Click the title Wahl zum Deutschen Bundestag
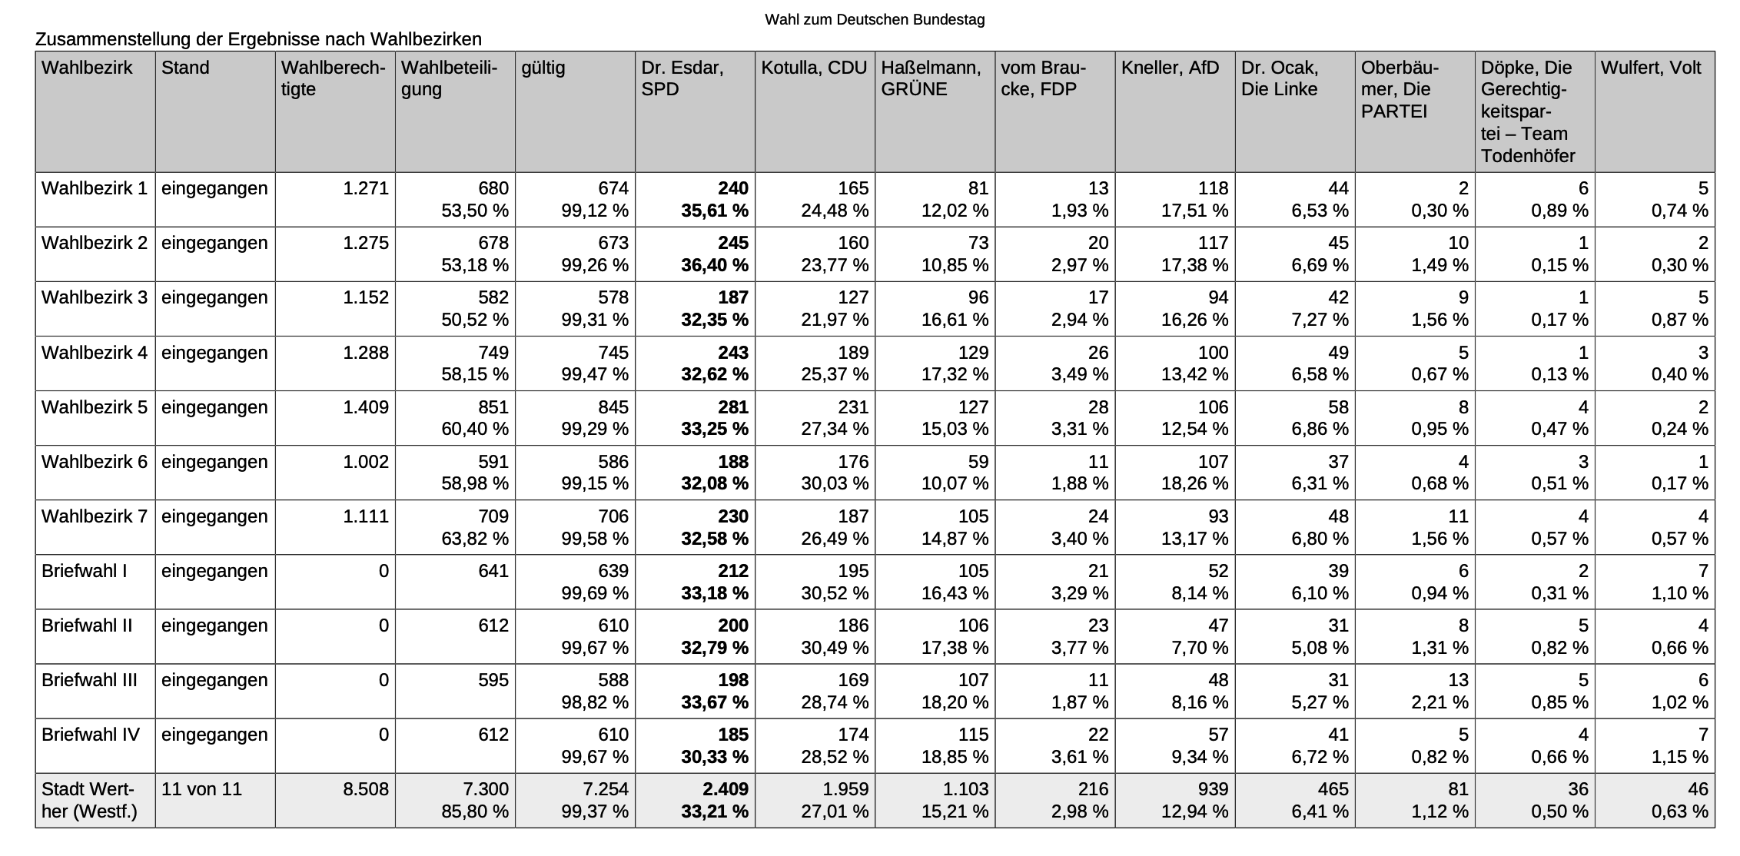point(875,20)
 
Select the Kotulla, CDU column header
point(814,68)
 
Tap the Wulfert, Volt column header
point(1651,68)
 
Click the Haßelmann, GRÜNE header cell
point(931,78)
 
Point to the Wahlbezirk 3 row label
point(94,297)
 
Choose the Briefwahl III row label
point(89,680)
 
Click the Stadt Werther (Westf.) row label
point(89,800)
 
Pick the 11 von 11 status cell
point(201,789)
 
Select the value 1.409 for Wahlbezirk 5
point(365,407)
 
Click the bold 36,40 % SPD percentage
point(715,265)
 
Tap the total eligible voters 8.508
point(365,789)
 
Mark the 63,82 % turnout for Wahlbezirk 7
point(475,539)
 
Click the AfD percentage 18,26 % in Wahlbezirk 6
point(1194,483)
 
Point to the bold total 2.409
point(724,789)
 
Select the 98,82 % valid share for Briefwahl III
point(595,702)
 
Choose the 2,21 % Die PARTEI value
point(1439,702)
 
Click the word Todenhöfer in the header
point(1528,156)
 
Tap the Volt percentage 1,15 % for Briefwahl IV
point(1679,757)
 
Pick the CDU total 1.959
point(845,789)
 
